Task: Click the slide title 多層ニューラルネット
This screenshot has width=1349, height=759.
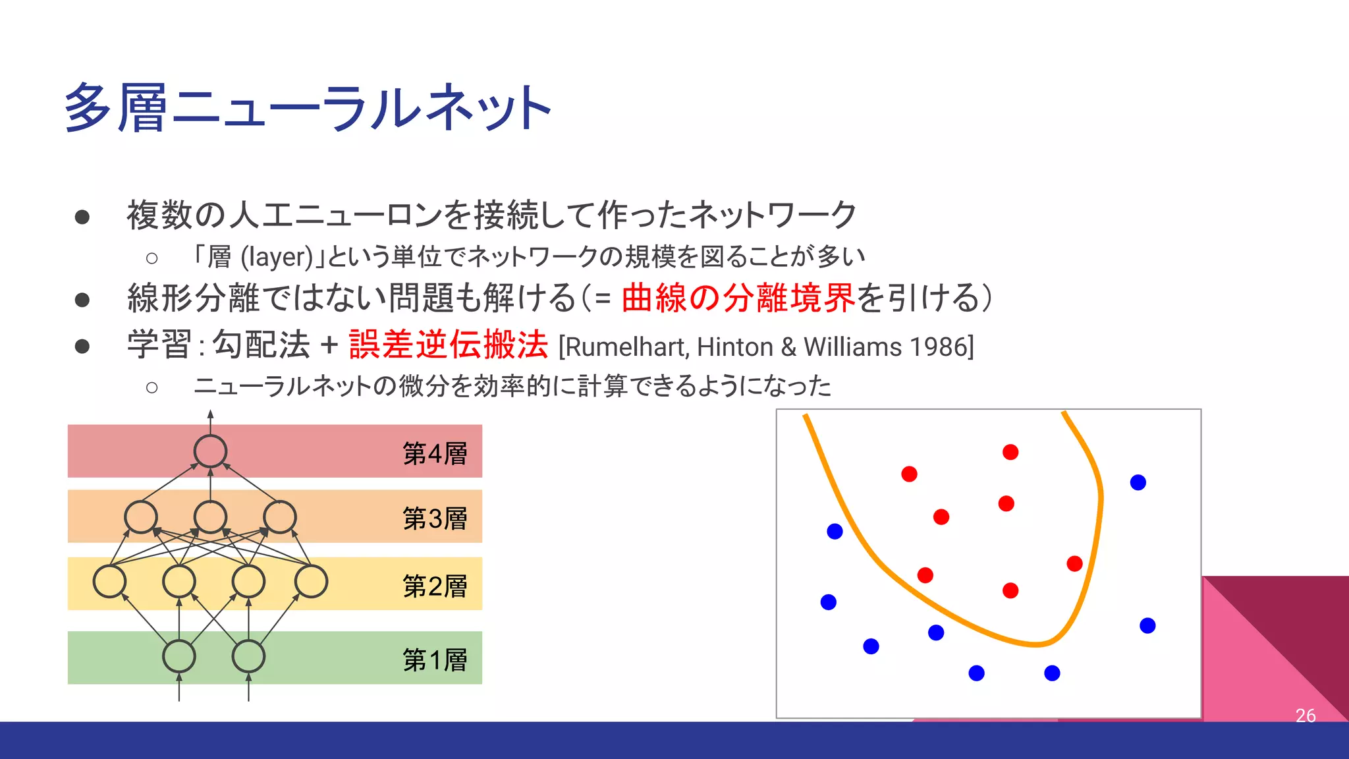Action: pos(308,107)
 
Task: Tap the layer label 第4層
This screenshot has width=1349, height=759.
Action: pos(435,453)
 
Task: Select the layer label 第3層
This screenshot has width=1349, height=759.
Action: pos(435,519)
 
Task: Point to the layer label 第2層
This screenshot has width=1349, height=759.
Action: pos(435,586)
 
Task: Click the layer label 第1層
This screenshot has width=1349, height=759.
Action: pos(435,660)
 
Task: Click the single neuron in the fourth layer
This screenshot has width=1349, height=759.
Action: pos(210,451)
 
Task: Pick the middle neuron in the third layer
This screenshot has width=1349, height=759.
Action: pos(210,517)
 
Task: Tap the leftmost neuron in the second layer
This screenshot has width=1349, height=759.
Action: pos(109,582)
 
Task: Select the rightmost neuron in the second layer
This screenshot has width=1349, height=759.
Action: pos(311,582)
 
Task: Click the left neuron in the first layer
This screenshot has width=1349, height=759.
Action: pos(179,656)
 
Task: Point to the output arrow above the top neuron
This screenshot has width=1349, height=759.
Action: pos(210,420)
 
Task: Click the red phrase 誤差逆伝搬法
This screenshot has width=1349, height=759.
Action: pos(448,345)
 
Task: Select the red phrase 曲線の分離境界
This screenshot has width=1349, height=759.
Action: pos(738,298)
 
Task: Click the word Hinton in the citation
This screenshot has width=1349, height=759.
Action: pos(734,347)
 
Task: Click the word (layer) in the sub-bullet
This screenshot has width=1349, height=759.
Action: pos(276,257)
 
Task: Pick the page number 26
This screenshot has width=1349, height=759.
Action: pos(1305,715)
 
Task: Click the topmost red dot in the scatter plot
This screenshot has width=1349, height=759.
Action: pos(1010,452)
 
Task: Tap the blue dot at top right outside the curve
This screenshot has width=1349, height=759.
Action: pos(1138,482)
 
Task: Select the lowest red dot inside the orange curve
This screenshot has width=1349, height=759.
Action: pos(1010,590)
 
